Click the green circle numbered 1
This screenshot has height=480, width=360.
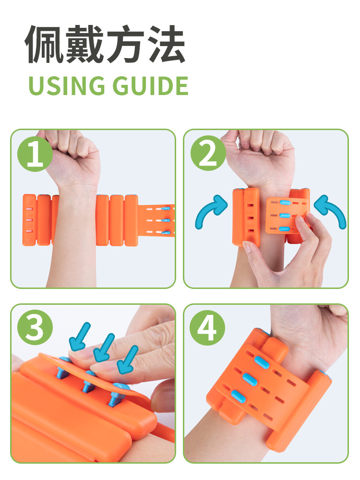tap(35, 154)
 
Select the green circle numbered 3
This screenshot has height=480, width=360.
tap(35, 327)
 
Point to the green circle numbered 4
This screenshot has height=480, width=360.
tap(207, 327)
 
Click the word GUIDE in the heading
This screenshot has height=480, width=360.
tap(150, 86)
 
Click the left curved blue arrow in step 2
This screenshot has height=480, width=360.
tap(211, 211)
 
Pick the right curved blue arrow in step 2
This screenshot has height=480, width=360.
tap(331, 211)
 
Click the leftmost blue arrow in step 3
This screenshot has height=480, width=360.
tap(80, 337)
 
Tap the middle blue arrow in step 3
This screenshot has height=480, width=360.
tap(104, 348)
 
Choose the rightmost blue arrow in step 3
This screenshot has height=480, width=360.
tap(128, 360)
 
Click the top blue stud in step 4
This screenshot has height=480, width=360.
tap(262, 362)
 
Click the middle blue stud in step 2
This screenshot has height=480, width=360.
tap(285, 216)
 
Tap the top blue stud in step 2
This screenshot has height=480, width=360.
tap(285, 203)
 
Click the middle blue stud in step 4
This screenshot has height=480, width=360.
tap(250, 380)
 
